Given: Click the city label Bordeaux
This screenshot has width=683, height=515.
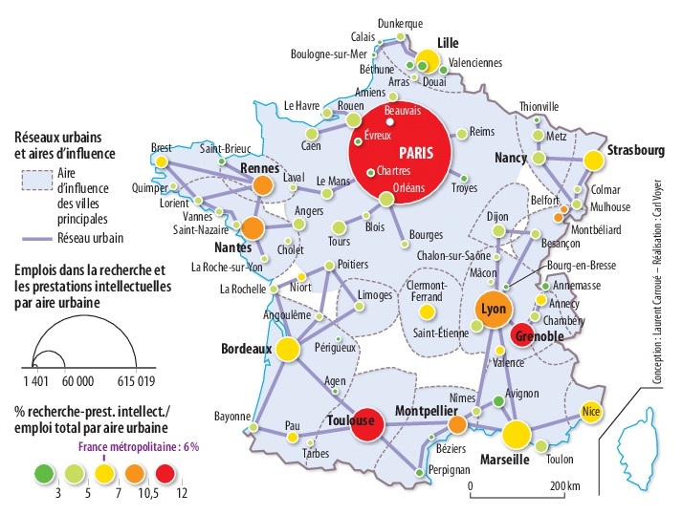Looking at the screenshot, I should [247, 350].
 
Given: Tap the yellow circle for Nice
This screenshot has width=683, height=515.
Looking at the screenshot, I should [591, 412].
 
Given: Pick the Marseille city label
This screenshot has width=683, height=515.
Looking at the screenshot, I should [498, 460].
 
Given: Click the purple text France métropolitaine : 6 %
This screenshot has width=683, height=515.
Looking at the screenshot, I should [140, 445].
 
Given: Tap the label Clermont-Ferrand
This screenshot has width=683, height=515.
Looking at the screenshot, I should [426, 290].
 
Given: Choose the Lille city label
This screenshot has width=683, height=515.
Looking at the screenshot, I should [448, 43].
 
